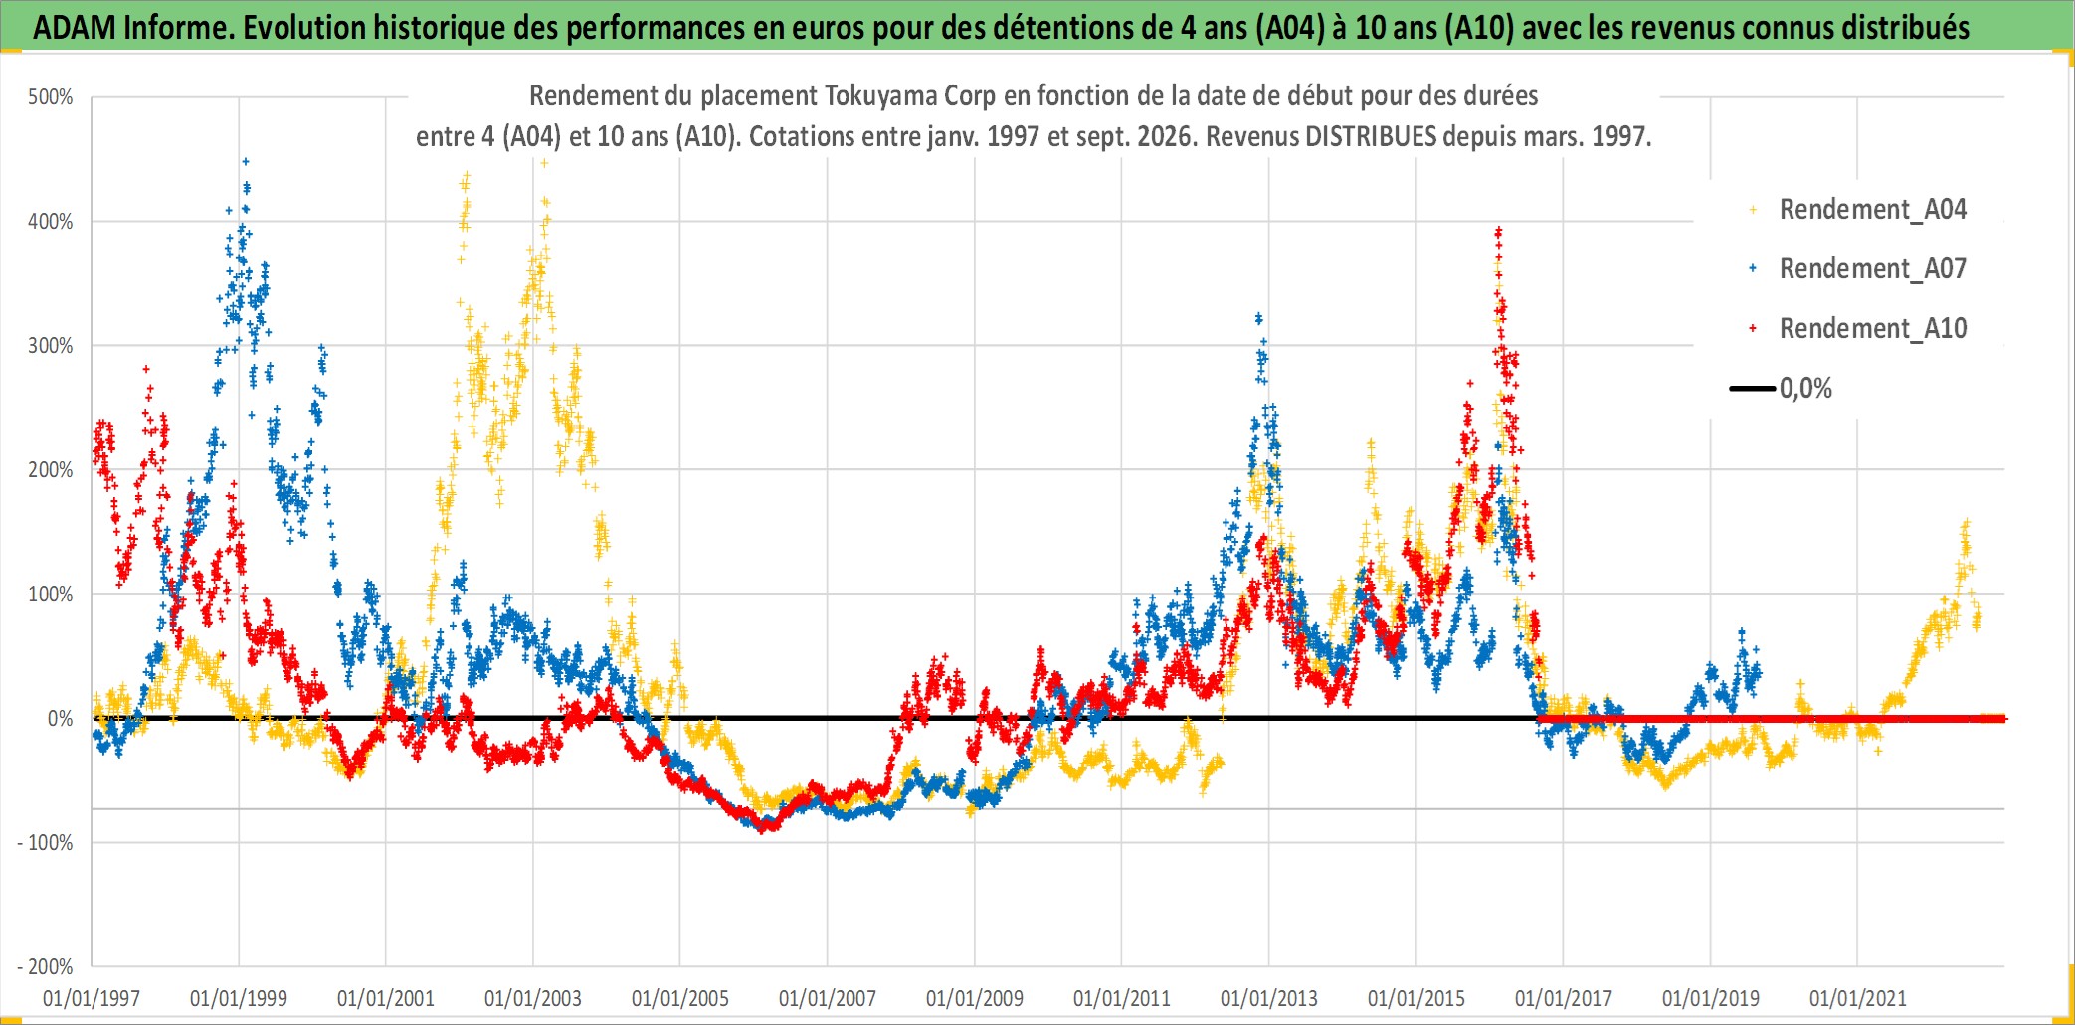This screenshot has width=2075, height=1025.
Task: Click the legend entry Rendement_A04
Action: pyautogui.click(x=1872, y=209)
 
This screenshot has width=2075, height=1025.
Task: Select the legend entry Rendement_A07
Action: pyautogui.click(x=1872, y=268)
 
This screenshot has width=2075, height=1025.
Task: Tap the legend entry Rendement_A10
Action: pyautogui.click(x=1872, y=328)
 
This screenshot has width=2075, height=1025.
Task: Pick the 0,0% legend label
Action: pyautogui.click(x=1805, y=388)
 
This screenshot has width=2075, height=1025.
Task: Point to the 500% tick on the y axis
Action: pyautogui.click(x=51, y=97)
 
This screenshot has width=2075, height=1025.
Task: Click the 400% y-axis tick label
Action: pyautogui.click(x=51, y=222)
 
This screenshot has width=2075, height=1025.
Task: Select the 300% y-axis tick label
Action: pyautogui.click(x=51, y=346)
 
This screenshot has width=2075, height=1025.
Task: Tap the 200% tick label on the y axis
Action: pyautogui.click(x=51, y=470)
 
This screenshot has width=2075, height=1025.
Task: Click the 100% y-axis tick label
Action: pyautogui.click(x=51, y=595)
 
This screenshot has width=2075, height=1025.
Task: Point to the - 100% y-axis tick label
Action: pyautogui.click(x=46, y=843)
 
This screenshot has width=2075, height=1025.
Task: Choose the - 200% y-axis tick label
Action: pyautogui.click(x=46, y=967)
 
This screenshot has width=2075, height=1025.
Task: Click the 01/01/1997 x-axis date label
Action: pyautogui.click(x=92, y=998)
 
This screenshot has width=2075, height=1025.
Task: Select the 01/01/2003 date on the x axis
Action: pyautogui.click(x=533, y=998)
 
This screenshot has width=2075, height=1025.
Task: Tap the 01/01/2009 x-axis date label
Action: pyautogui.click(x=975, y=998)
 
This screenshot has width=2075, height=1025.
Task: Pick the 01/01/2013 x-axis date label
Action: pyautogui.click(x=1269, y=998)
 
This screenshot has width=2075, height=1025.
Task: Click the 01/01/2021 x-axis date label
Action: pyautogui.click(x=1858, y=998)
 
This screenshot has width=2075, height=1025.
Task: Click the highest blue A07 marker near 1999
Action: pyautogui.click(x=246, y=161)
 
